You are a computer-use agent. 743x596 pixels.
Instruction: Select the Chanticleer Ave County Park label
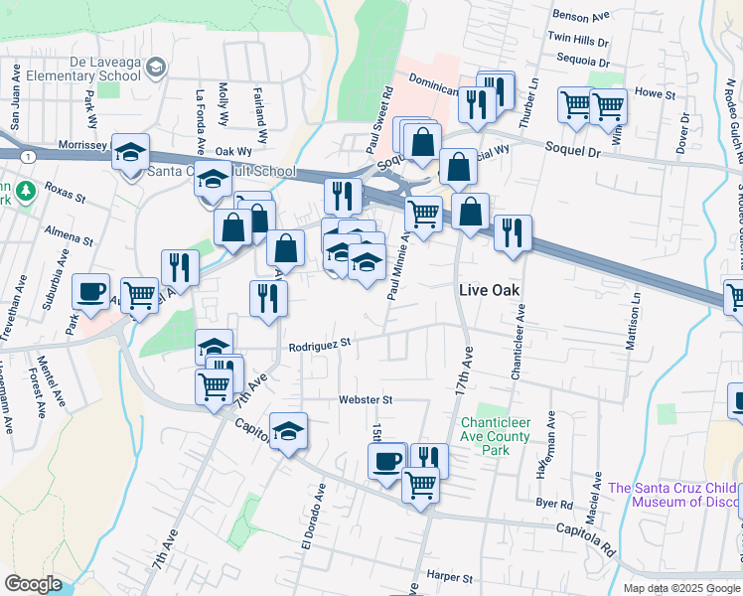(x=496, y=436)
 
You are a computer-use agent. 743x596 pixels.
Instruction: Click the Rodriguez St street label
(x=320, y=346)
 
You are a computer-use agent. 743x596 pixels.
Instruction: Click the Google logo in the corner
(x=33, y=584)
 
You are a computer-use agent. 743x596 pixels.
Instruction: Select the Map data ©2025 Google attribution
(x=681, y=588)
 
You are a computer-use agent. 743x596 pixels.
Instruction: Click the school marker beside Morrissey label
(x=130, y=153)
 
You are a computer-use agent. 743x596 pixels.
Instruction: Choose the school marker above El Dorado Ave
(x=288, y=431)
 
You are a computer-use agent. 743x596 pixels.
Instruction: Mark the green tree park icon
(x=25, y=190)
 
